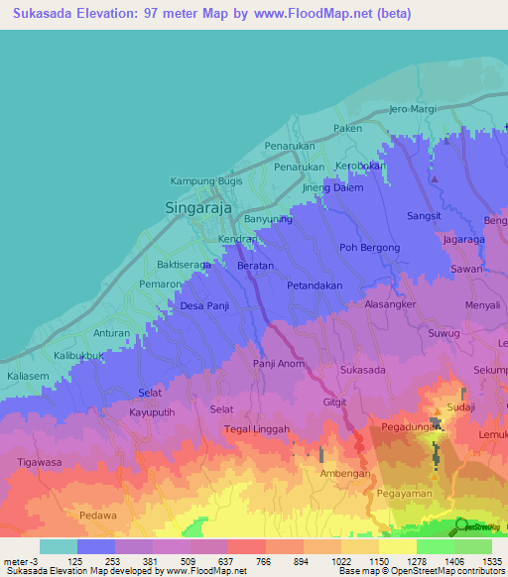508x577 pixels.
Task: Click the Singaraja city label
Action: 197,208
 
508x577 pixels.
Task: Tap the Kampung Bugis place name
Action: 207,181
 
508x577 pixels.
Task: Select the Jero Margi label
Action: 413,108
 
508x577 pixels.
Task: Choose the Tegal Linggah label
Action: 256,429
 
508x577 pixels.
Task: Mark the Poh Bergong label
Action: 369,248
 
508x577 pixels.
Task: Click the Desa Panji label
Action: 204,306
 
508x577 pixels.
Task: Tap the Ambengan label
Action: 344,474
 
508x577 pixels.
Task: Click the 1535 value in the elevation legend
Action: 480,562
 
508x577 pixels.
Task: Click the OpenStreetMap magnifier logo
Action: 461,525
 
